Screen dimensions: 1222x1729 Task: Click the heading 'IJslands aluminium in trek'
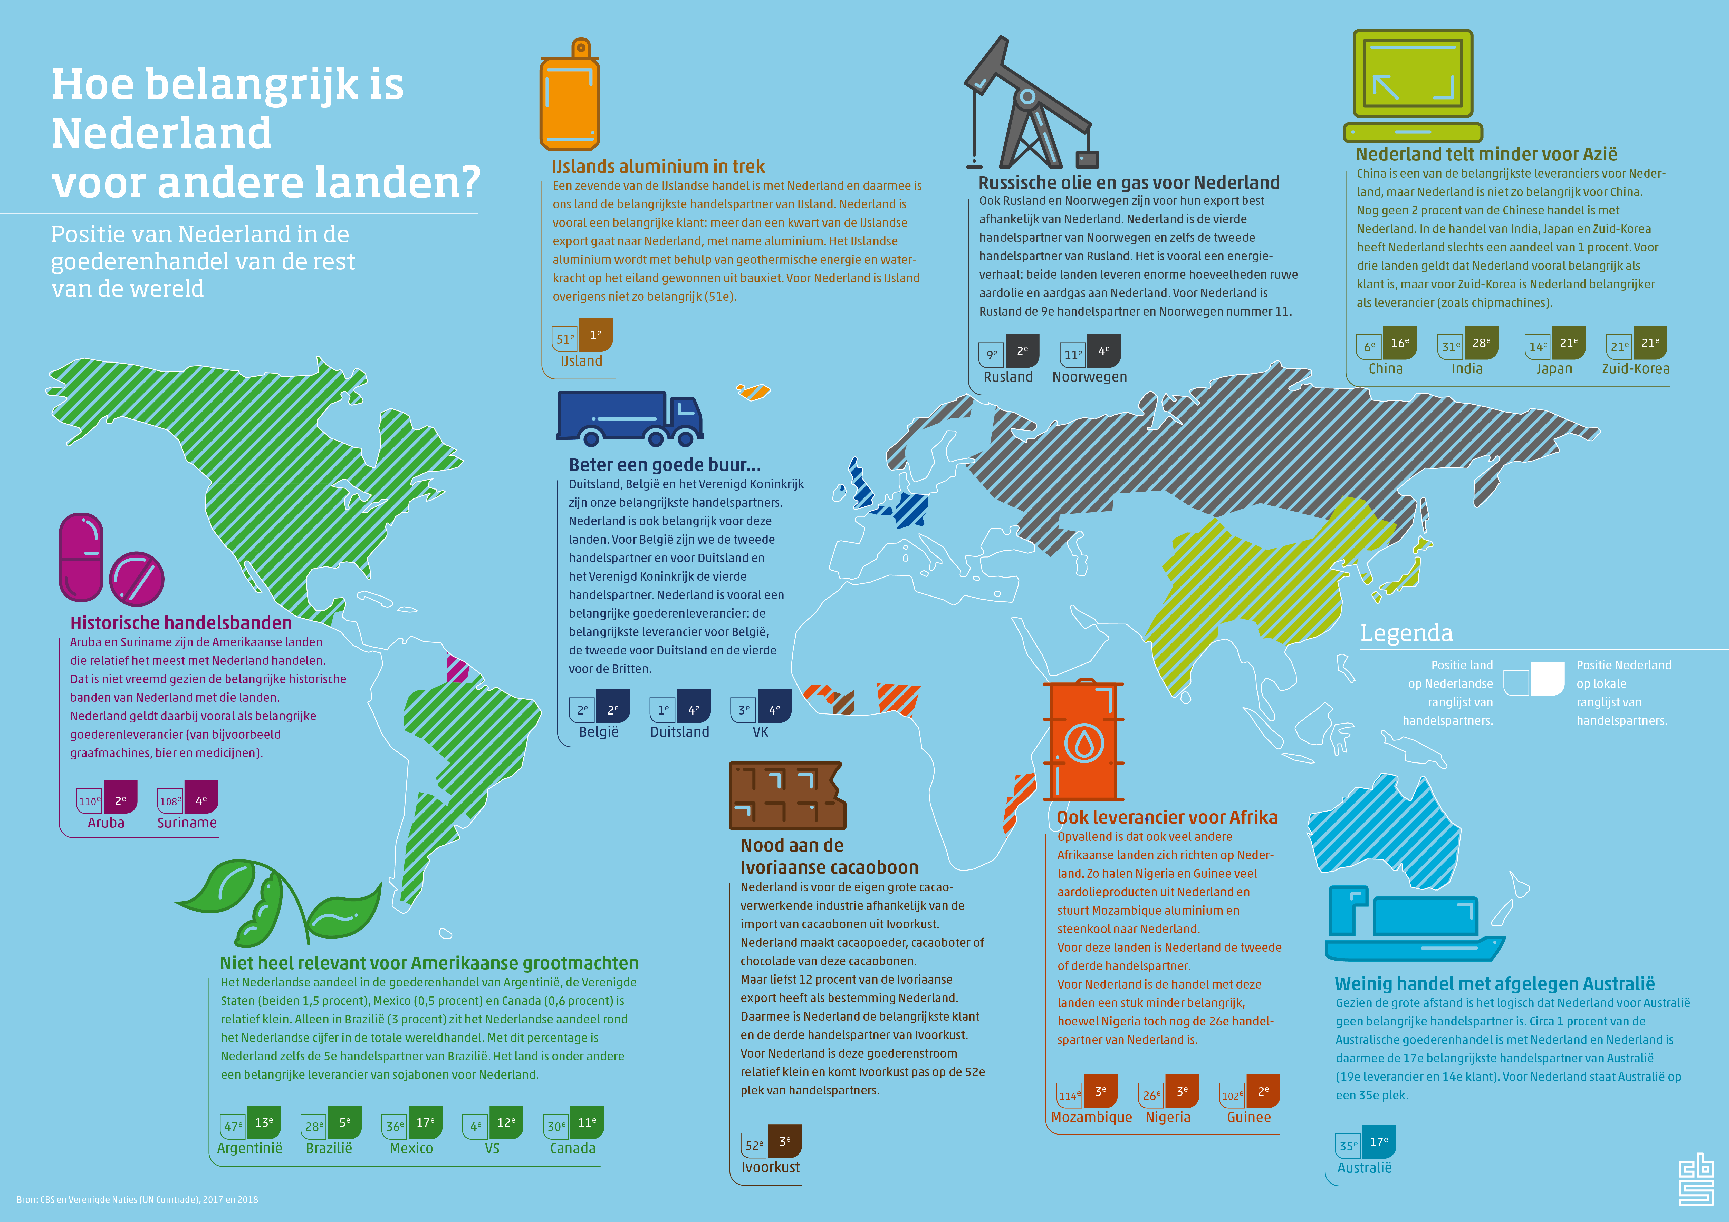(x=658, y=167)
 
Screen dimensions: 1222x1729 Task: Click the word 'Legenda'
(x=1406, y=633)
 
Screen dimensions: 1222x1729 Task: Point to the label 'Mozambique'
(x=1091, y=1117)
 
